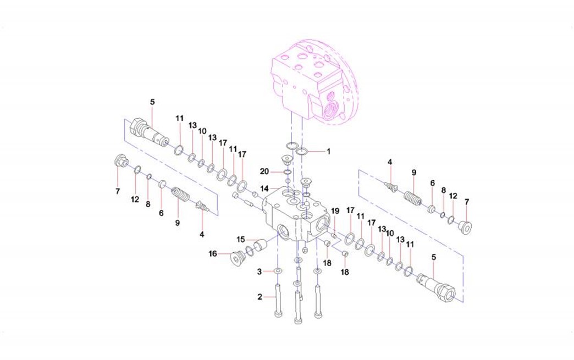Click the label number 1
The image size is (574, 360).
[x=328, y=151]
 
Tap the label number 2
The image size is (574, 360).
[x=260, y=297]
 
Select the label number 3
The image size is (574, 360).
[x=260, y=272]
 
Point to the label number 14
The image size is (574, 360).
[x=264, y=189]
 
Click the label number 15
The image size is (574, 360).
[x=240, y=240]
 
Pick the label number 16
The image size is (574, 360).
[x=213, y=253]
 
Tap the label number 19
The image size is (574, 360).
[x=335, y=211]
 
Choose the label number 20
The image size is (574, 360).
[x=264, y=171]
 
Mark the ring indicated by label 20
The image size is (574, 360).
[x=288, y=171]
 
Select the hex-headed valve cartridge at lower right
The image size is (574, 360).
[x=437, y=288]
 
